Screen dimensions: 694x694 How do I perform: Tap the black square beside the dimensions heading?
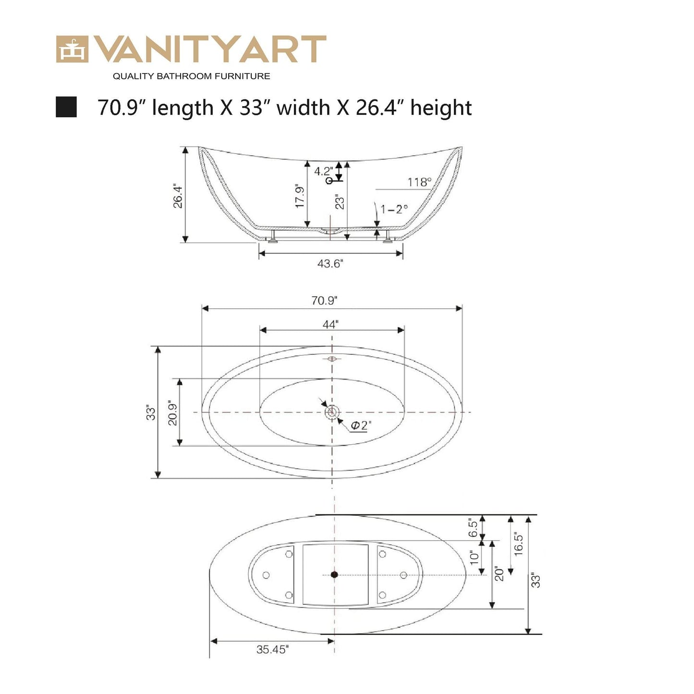tap(66, 107)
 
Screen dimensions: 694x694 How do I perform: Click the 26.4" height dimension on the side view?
tap(178, 195)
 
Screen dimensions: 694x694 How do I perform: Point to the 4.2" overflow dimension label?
tap(323, 171)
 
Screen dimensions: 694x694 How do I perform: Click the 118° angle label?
tap(419, 182)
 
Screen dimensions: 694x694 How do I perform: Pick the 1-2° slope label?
tap(394, 209)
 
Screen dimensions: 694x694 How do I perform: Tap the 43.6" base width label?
tap(330, 264)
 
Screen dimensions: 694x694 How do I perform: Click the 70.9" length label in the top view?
tap(324, 301)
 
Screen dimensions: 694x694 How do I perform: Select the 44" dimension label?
tap(330, 325)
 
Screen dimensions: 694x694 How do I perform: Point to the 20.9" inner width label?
tap(173, 413)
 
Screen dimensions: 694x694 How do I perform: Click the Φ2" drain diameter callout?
tap(361, 426)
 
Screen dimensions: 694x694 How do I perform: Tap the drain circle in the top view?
tap(331, 412)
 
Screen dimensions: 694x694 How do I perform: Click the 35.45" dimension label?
tap(272, 650)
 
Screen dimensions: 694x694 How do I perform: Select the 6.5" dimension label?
tap(474, 528)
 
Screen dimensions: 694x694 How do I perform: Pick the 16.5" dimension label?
tap(519, 544)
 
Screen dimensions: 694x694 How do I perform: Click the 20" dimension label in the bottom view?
tap(499, 574)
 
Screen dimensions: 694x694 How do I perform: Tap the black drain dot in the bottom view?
tap(335, 574)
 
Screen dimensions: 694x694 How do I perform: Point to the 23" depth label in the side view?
tap(340, 202)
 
